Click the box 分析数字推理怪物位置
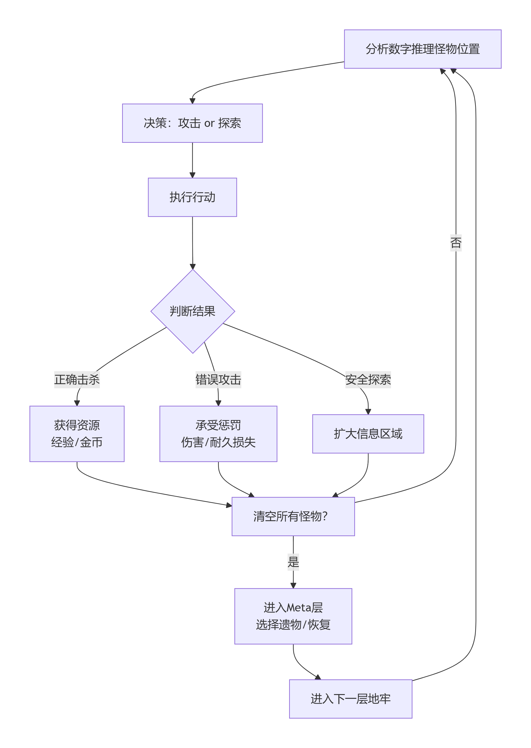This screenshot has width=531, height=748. pyautogui.click(x=422, y=49)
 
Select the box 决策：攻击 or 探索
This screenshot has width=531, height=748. pyautogui.click(x=192, y=123)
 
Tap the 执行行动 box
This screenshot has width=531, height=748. pyautogui.click(x=192, y=197)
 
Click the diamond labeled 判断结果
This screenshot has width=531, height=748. pyautogui.click(x=193, y=311)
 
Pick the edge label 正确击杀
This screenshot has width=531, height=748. pyautogui.click(x=77, y=380)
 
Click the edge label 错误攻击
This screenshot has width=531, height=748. pyautogui.click(x=218, y=380)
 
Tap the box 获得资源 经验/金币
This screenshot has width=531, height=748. pyautogui.click(x=77, y=434)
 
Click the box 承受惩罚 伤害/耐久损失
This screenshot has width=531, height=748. pyautogui.click(x=218, y=434)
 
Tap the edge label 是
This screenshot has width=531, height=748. pyautogui.click(x=293, y=562)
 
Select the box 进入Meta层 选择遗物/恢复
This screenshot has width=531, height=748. pyautogui.click(x=293, y=616)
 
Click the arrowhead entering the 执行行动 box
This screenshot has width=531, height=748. pyautogui.click(x=192, y=175)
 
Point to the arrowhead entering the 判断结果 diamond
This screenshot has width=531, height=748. pyautogui.click(x=193, y=267)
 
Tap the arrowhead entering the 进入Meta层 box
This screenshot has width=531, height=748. pyautogui.click(x=293, y=586)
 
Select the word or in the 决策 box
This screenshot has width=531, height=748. pyautogui.click(x=209, y=123)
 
